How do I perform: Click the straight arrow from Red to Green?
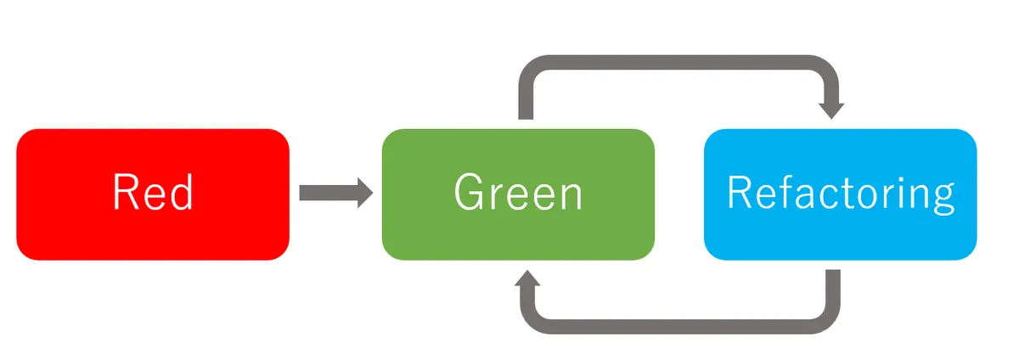pos(327,193)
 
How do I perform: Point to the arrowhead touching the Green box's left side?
pos(365,193)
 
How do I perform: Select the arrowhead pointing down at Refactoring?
pos(831,110)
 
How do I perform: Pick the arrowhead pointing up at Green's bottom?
pos(528,280)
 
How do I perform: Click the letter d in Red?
pos(180,193)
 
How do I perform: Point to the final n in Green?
pos(571,196)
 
